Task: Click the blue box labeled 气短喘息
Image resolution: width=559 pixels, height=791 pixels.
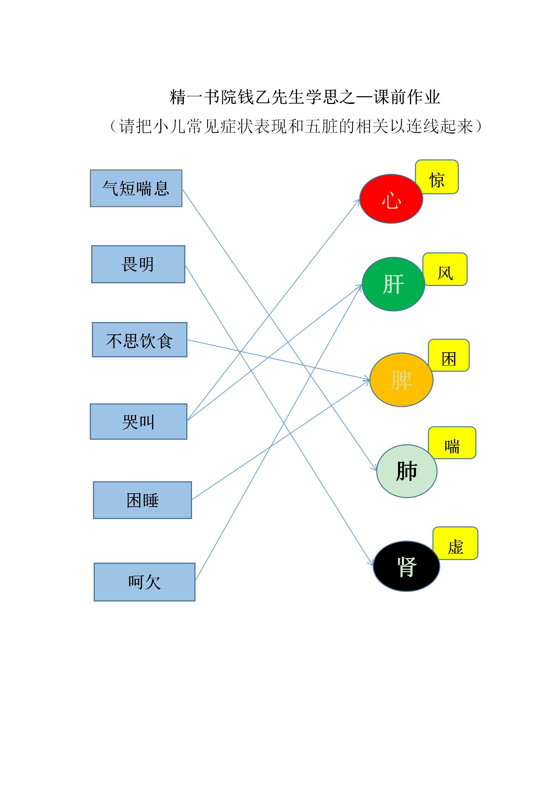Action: pos(136,188)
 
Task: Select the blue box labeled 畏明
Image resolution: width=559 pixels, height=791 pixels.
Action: pos(138,264)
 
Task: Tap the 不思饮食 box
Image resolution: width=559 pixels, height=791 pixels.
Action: pos(139,340)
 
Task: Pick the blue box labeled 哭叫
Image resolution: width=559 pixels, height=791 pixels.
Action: pos(138,421)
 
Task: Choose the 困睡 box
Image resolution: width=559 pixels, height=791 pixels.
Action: pos(142,500)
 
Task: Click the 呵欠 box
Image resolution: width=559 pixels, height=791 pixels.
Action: pos(144,582)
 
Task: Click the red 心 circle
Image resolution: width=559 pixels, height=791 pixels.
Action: pos(391,199)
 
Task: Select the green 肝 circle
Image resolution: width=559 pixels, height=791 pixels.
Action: pos(393,284)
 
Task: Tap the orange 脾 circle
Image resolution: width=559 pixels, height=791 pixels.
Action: pos(401,379)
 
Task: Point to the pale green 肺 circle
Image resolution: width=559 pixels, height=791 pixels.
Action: pos(407,471)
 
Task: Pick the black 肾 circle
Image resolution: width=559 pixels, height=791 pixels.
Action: pos(406,566)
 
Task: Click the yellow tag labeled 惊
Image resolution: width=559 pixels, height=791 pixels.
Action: pos(437,177)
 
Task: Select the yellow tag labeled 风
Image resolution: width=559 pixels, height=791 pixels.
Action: pos(445,269)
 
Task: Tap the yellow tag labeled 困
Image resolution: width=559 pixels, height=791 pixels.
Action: pos(449,355)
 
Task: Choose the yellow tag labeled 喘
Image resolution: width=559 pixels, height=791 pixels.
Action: pos(452,443)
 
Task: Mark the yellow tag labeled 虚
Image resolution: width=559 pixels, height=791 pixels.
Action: pos(455,543)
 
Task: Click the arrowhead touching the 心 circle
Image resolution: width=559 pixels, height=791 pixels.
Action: pos(357,202)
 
